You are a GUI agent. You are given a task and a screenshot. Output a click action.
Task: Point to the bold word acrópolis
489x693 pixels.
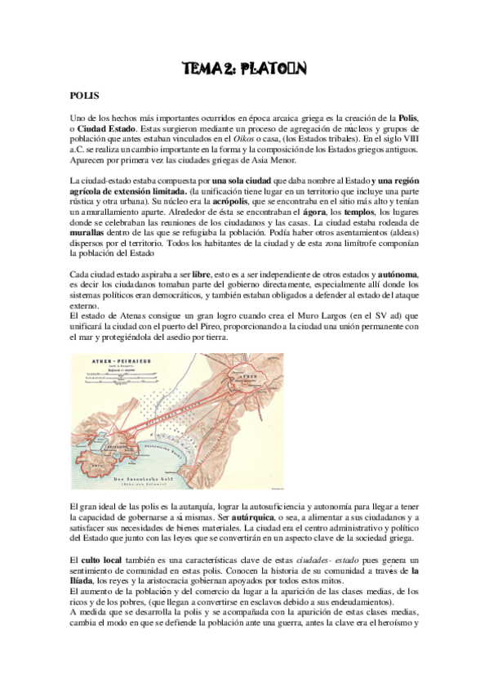point(214,201)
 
